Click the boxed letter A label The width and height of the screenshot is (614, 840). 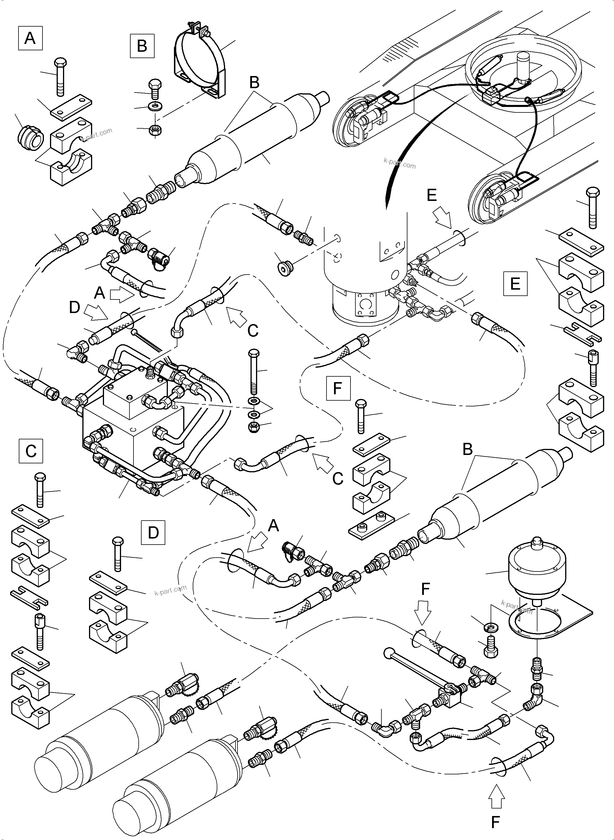point(30,38)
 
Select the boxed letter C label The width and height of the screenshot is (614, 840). point(31,451)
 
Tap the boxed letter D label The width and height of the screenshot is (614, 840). point(153,532)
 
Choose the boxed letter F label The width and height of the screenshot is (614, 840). point(338,388)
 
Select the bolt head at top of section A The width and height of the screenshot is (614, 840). point(60,62)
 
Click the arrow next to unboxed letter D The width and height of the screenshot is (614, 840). point(96,312)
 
